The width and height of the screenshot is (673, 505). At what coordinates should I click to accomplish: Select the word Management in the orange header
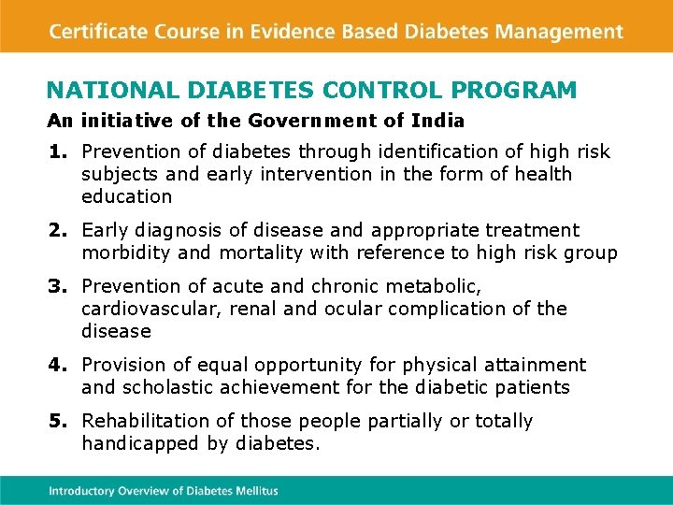tap(559, 31)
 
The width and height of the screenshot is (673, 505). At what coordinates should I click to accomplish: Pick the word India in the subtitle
tap(440, 121)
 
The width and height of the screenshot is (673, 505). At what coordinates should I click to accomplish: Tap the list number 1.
tap(58, 151)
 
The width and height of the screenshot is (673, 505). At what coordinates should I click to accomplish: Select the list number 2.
tap(58, 230)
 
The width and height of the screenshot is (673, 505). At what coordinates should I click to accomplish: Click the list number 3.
tap(58, 286)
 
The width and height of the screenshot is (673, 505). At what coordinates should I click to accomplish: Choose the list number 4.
tap(58, 365)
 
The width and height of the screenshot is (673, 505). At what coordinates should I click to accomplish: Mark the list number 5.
tap(58, 421)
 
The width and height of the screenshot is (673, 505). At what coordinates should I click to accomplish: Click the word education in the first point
tap(127, 196)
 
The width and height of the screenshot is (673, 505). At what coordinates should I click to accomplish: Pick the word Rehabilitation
tap(145, 421)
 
